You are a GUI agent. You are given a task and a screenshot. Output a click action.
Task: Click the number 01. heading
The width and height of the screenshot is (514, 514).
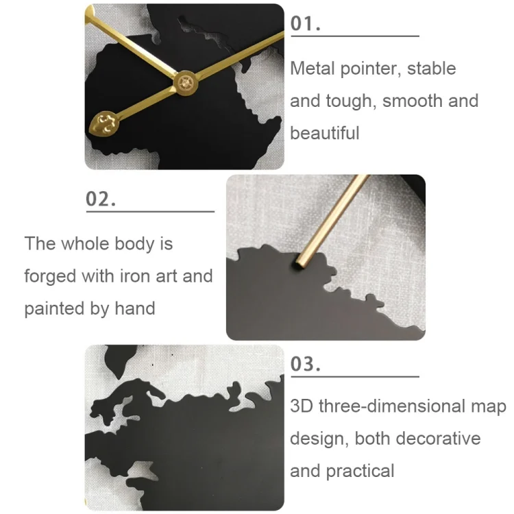click(x=306, y=23)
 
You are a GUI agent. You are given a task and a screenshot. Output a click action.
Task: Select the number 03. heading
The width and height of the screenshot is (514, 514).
click(x=306, y=364)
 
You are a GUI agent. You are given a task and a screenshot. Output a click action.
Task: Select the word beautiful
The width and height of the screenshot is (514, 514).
click(x=324, y=133)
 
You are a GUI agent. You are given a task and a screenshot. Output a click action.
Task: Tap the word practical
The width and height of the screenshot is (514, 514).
click(x=360, y=472)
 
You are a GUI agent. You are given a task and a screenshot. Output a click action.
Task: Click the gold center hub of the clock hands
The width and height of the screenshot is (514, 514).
click(x=184, y=83)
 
